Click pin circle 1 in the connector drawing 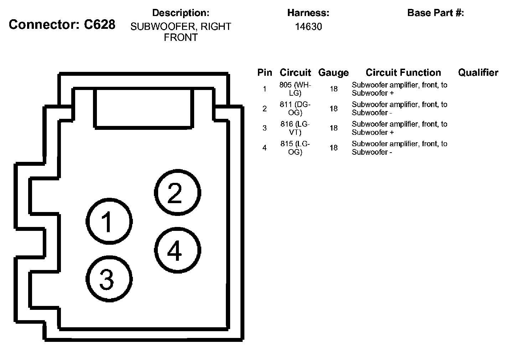[x=109, y=221]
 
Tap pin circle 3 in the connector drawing [x=109, y=279]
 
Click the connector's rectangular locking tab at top [x=144, y=108]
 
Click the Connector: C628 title [x=62, y=25]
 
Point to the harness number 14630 [x=308, y=27]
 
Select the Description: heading [x=181, y=13]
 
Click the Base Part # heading [x=435, y=13]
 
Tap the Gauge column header [x=333, y=73]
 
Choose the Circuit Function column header [x=403, y=73]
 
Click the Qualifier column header [x=478, y=73]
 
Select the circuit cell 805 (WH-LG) [x=295, y=89]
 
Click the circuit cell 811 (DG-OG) [x=295, y=108]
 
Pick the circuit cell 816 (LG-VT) [x=295, y=128]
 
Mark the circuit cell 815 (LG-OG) [x=295, y=148]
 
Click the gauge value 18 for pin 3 [x=333, y=128]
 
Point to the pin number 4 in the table [x=264, y=148]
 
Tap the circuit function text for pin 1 [x=399, y=89]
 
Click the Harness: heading [x=308, y=13]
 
